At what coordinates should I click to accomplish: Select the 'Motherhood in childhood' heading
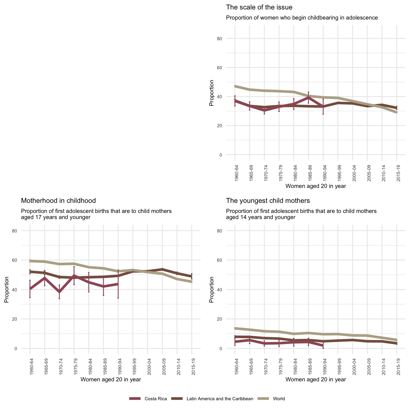click(58, 201)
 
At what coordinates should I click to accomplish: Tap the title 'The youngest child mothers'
click(268, 201)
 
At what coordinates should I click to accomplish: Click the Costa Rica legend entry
click(156, 399)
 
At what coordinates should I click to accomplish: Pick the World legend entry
click(279, 399)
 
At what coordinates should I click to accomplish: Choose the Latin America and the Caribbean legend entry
click(220, 399)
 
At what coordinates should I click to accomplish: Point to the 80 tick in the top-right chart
click(228, 39)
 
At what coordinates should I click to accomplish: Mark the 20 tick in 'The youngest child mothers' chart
click(228, 319)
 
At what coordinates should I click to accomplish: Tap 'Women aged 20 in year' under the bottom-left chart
click(110, 379)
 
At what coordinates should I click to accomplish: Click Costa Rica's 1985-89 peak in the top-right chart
click(308, 98)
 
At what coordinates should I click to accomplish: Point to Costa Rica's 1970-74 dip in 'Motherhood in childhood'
click(59, 292)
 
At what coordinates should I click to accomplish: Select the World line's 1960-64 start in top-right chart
click(235, 86)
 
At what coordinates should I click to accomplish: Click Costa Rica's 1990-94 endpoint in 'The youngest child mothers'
click(323, 346)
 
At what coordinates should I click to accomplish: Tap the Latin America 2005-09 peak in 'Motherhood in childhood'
click(162, 269)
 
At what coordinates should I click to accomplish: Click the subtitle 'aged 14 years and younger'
click(261, 217)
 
